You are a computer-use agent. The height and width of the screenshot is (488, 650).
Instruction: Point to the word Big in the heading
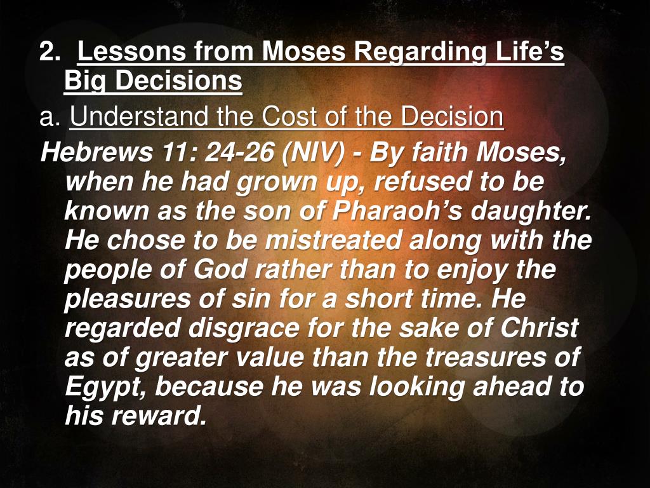[x=82, y=81]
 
